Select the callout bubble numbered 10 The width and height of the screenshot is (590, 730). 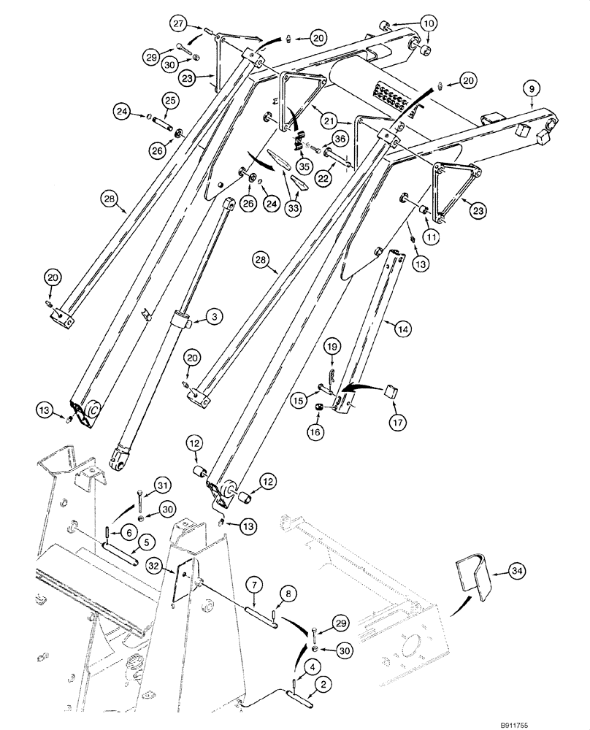429,23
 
